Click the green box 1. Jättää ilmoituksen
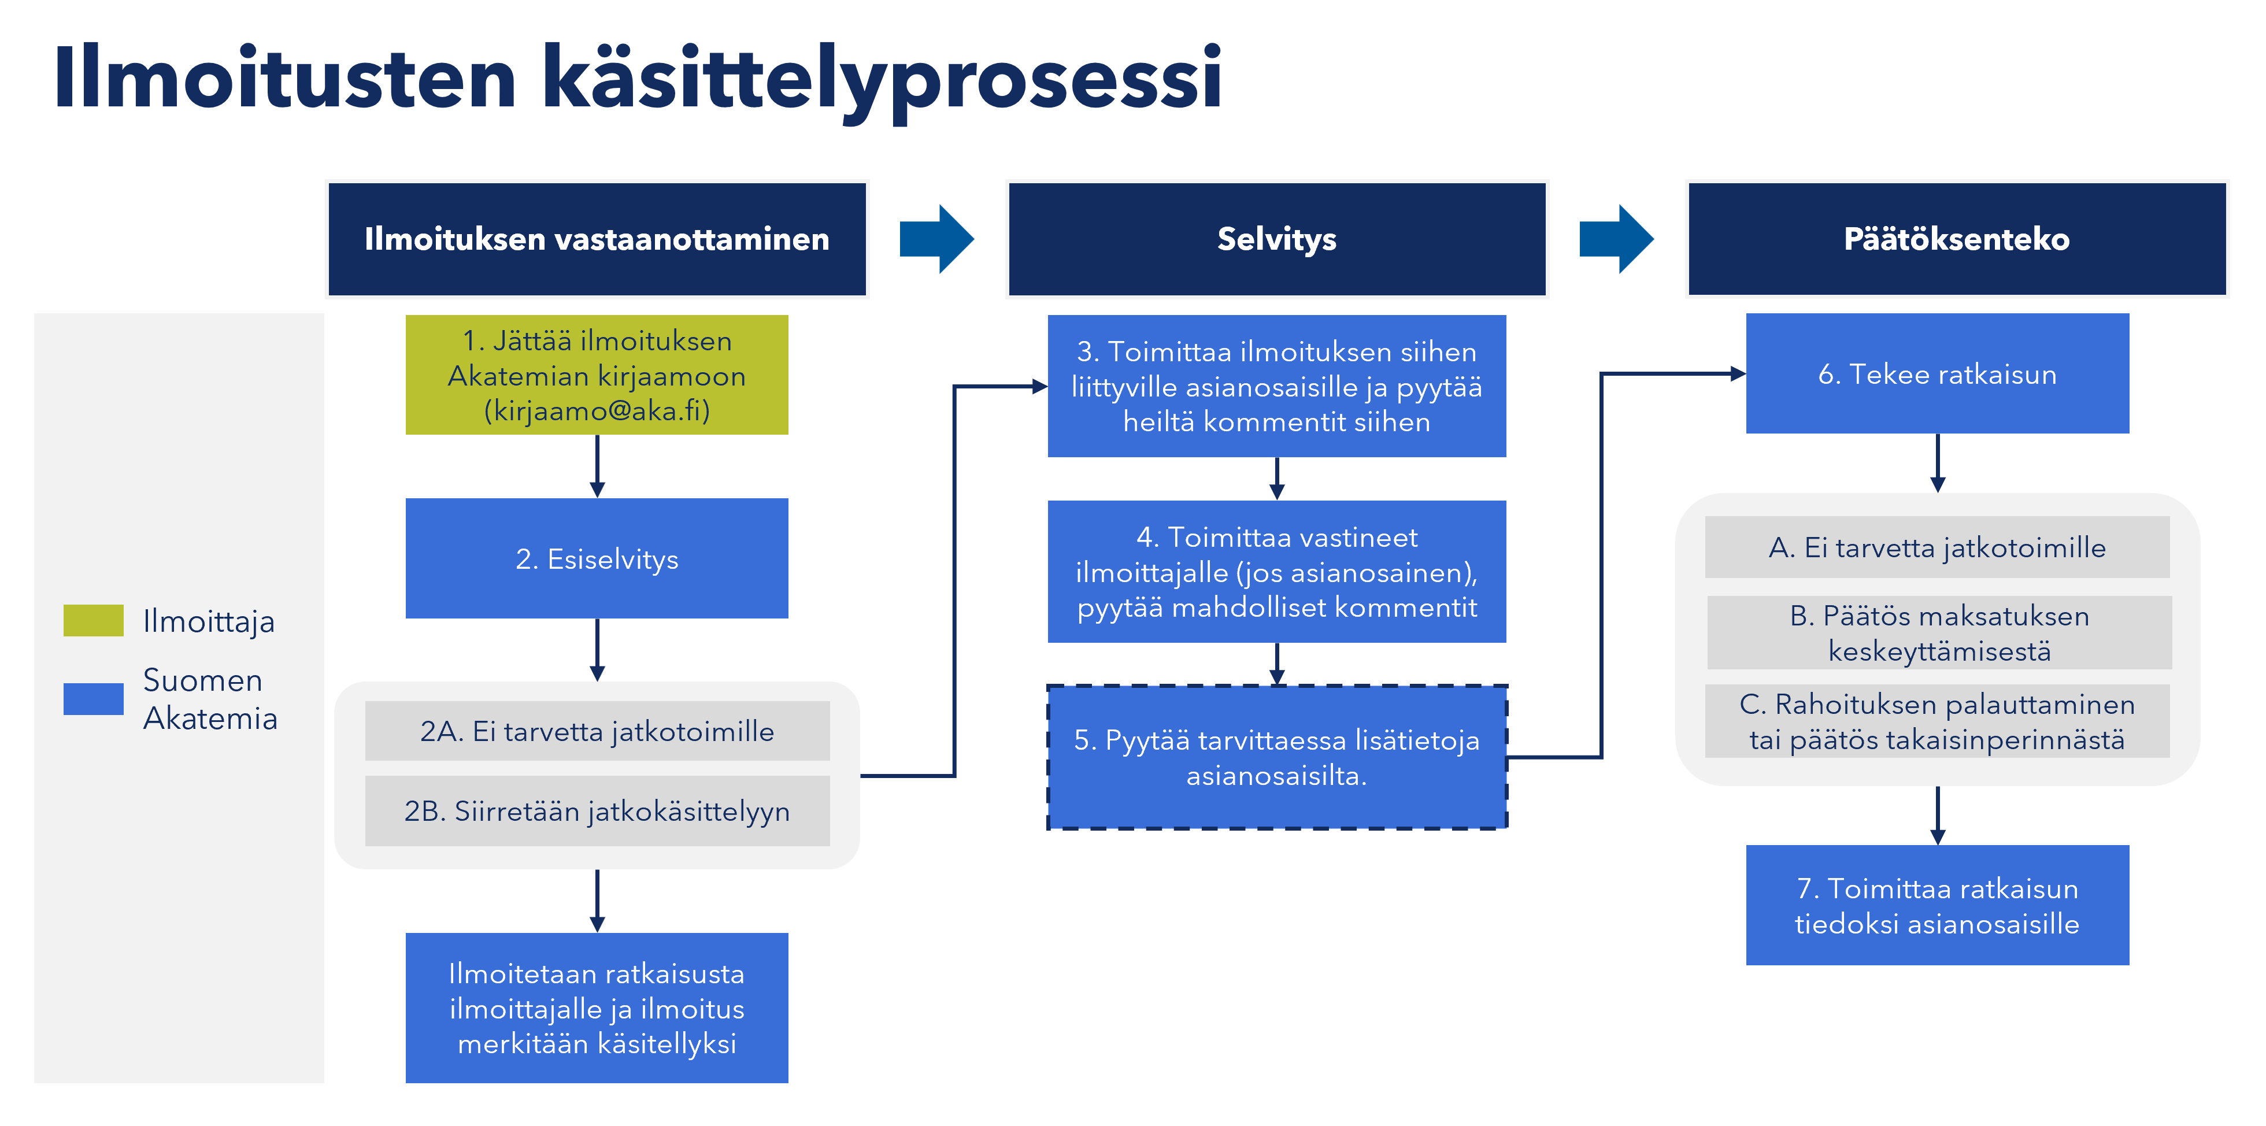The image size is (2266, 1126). coord(597,375)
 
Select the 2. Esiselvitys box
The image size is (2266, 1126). coord(597,558)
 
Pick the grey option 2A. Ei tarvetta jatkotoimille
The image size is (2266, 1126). coord(597,731)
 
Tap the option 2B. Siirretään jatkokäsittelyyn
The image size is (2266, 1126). coord(597,810)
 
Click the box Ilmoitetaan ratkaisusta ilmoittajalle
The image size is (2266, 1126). coord(597,1008)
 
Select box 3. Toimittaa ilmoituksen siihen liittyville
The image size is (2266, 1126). coord(1276,386)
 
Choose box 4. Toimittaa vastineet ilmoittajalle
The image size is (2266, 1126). coord(1276,572)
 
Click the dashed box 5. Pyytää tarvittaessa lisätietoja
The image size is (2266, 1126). coord(1276,757)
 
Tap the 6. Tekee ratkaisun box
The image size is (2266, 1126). coord(1937,374)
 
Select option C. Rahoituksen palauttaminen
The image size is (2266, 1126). coord(1937,721)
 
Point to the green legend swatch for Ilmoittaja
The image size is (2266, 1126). coord(93,620)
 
